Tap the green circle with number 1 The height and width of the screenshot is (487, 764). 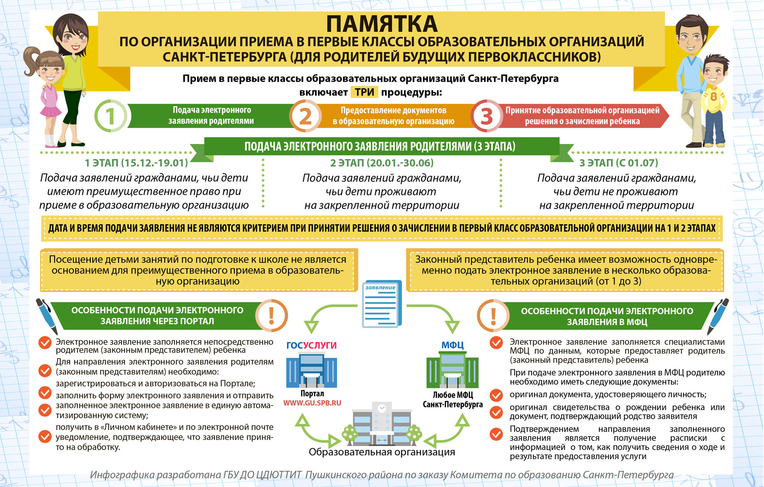click(x=110, y=116)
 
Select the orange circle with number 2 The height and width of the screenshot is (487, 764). click(x=305, y=116)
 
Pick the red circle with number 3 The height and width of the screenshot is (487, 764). click(x=486, y=116)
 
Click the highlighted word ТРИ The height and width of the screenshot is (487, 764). click(x=364, y=92)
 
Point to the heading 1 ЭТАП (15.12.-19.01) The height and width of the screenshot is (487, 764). click(x=136, y=163)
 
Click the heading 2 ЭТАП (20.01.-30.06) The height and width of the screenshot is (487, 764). click(x=382, y=163)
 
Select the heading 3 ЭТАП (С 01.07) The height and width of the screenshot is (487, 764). click(x=618, y=163)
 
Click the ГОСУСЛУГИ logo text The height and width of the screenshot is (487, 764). click(x=311, y=345)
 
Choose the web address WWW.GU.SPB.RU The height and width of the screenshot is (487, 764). click(x=312, y=403)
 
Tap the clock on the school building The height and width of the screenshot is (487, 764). click(x=382, y=408)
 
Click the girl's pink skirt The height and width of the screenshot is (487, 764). click(x=51, y=111)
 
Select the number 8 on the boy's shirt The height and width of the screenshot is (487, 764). click(x=713, y=97)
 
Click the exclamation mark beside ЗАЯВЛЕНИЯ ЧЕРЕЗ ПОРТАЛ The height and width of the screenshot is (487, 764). click(x=271, y=315)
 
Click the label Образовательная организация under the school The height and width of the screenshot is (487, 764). click(x=382, y=452)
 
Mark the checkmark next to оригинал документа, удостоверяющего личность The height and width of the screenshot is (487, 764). click(x=496, y=395)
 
